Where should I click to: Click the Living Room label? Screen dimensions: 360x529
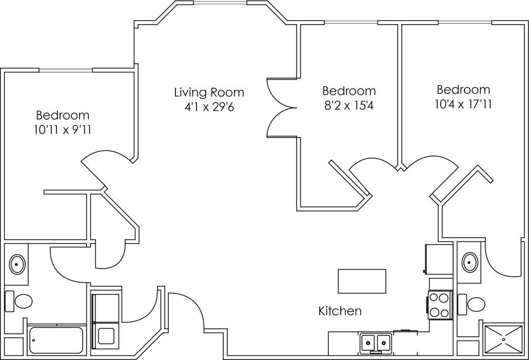pos(209,92)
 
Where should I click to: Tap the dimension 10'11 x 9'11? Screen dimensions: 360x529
pos(63,130)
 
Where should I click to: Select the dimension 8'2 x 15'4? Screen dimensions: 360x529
pos(349,106)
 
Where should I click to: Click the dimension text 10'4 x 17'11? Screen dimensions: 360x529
pos(463,104)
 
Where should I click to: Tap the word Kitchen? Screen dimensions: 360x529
pos(340,311)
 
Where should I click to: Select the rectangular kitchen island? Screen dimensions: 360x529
pos(362,281)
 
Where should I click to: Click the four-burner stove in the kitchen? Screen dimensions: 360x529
pos(439,305)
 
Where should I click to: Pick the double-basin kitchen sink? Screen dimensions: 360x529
pos(376,342)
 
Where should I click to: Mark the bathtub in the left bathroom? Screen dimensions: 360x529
pos(56,340)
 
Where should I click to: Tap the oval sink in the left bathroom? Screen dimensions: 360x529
pos(17,264)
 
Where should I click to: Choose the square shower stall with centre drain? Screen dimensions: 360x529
pos(504,339)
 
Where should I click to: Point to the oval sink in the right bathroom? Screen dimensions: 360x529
pos(469,262)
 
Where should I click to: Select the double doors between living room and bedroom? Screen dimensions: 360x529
pos(281,108)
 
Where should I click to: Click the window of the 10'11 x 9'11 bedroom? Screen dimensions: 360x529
pos(66,70)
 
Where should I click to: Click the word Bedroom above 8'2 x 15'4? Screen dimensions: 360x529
pos(349,91)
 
